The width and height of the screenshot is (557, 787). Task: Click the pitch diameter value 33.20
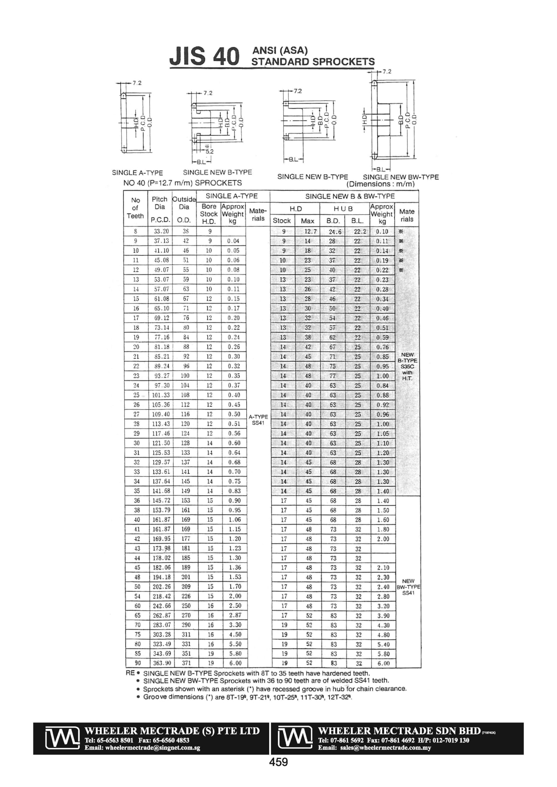(x=161, y=231)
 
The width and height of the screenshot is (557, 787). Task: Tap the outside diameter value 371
(x=185, y=663)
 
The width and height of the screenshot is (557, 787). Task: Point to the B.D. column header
(x=333, y=221)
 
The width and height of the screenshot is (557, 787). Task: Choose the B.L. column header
(x=357, y=221)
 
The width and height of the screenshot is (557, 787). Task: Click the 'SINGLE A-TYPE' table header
(x=231, y=196)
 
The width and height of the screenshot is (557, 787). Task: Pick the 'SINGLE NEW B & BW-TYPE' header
(x=350, y=196)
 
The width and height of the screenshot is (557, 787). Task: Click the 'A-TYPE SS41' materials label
(x=258, y=420)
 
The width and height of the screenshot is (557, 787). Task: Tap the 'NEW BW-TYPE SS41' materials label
(x=408, y=587)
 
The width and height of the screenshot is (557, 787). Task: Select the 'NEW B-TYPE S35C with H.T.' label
(x=407, y=366)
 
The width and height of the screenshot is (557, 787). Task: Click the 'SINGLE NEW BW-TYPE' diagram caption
(x=401, y=177)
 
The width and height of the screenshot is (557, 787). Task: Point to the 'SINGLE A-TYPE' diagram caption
(x=137, y=173)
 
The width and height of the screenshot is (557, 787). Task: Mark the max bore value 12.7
(x=310, y=232)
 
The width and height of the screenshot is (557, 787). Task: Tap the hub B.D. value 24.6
(x=335, y=232)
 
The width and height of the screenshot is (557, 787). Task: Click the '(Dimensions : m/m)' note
(x=380, y=184)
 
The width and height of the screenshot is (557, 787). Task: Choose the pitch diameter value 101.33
(x=161, y=395)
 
